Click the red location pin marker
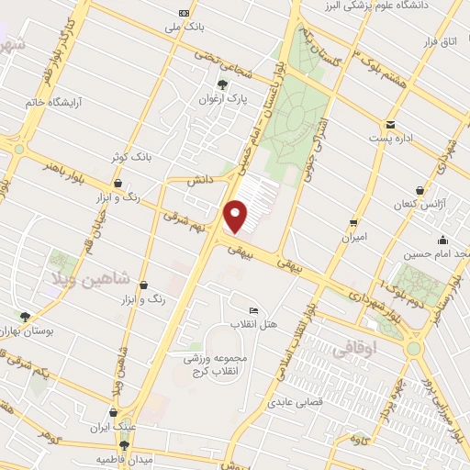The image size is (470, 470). point(237,216)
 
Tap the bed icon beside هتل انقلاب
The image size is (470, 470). point(254,308)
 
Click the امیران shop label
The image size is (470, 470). point(353,236)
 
